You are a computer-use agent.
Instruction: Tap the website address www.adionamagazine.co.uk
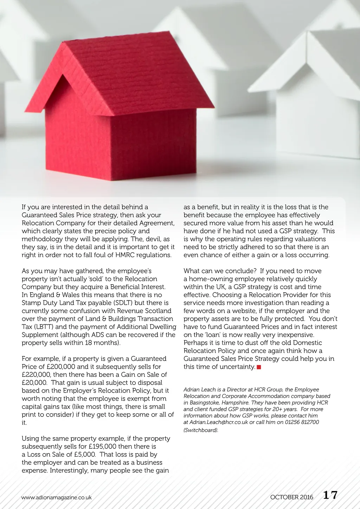tap(56, 497)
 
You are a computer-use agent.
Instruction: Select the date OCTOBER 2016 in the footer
tap(291, 497)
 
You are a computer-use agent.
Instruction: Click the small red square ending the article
tap(259, 367)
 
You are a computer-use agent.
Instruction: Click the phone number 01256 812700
tap(302, 422)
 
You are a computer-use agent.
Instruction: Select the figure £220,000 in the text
tap(36, 375)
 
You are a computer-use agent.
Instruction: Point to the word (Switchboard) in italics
tap(201, 430)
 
